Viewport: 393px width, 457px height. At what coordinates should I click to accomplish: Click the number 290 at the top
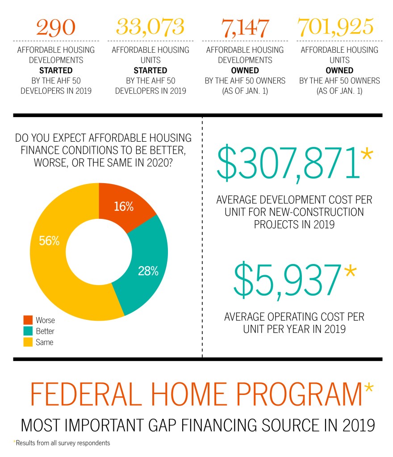(x=55, y=27)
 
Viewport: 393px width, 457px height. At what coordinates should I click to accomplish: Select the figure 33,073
(x=150, y=27)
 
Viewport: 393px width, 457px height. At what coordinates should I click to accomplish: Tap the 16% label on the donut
(x=124, y=206)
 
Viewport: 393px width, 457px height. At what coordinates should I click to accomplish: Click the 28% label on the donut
(x=148, y=271)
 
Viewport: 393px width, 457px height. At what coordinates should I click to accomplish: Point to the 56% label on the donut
(x=49, y=241)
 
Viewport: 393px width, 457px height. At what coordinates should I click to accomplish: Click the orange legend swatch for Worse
(x=28, y=320)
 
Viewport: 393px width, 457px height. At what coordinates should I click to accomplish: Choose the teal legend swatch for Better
(x=28, y=331)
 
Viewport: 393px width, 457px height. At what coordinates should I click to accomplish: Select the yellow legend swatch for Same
(x=28, y=342)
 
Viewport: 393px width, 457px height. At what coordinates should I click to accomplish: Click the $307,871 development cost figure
(x=288, y=164)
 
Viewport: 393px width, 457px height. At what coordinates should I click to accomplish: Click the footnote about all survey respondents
(x=62, y=443)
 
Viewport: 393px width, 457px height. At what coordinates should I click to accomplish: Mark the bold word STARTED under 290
(x=56, y=71)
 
